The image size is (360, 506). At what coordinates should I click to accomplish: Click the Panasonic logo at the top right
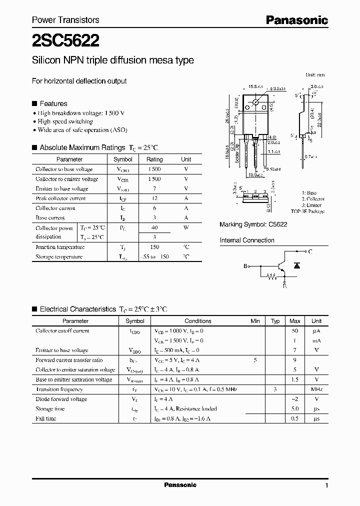296,20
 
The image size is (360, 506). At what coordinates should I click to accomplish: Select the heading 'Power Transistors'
65,20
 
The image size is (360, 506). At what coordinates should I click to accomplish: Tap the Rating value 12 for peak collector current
154,198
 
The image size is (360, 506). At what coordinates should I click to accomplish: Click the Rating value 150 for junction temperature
154,247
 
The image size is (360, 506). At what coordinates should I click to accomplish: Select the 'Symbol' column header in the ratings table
123,159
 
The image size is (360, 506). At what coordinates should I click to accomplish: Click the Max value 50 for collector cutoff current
295,331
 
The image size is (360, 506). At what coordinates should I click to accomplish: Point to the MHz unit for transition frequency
316,389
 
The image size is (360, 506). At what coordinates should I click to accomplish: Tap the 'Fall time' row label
46,418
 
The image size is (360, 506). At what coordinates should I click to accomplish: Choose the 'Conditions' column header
198,321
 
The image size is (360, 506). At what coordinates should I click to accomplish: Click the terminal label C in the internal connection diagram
310,251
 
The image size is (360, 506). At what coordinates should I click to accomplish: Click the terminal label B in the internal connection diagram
245,266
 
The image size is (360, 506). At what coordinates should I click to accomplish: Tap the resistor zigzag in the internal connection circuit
271,275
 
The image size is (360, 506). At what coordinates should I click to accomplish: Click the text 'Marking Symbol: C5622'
253,225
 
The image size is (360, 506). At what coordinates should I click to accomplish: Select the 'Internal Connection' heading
247,240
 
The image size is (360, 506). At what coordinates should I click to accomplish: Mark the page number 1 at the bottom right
326,485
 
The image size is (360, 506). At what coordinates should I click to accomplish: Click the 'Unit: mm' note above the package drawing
315,75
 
